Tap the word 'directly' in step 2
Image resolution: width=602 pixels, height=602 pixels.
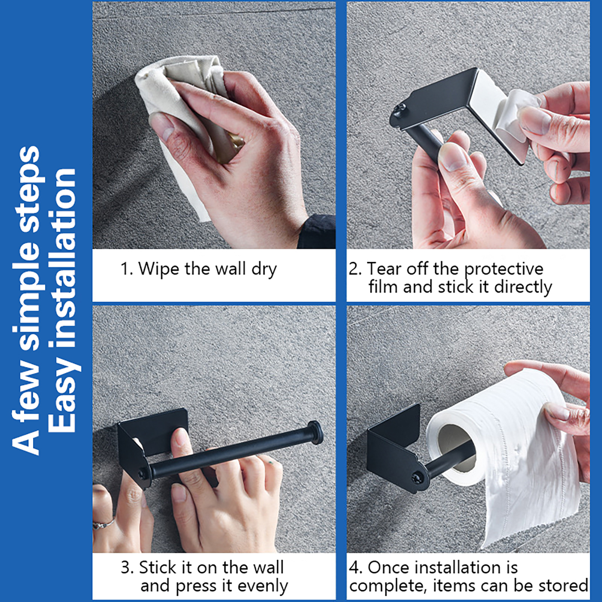[x=523, y=287]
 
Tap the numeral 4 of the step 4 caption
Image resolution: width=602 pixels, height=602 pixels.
[x=354, y=567]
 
